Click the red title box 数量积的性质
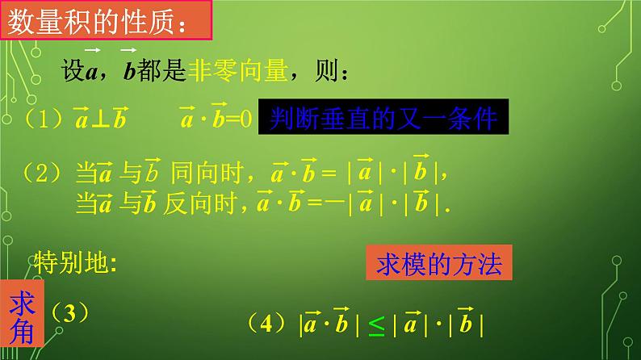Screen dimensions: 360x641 tap(108, 21)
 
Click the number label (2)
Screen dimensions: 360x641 tap(40, 174)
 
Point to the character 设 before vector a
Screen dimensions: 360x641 tap(73, 74)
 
